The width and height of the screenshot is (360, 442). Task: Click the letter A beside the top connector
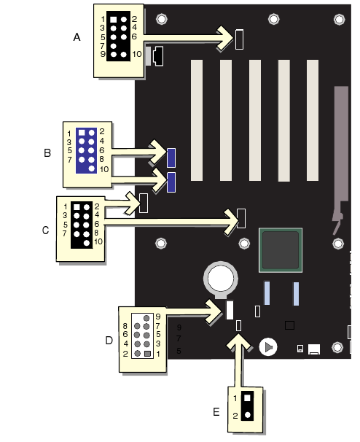[x=77, y=37]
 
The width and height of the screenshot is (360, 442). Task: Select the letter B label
[x=47, y=152]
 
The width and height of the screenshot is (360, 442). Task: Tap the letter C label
[x=45, y=230]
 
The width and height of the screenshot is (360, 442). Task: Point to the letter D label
[x=109, y=341]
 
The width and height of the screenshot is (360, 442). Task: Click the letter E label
[x=216, y=412]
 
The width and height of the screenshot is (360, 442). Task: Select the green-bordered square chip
[x=281, y=250]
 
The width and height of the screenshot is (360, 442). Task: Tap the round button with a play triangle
[x=268, y=347]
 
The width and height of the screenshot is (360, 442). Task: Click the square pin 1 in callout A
[x=113, y=20]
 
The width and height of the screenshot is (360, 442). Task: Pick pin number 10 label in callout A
[x=137, y=54]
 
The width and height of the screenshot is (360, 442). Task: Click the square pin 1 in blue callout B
[x=82, y=132]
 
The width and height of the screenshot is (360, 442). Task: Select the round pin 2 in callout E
[x=247, y=415]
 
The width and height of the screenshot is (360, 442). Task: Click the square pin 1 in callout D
[x=147, y=354]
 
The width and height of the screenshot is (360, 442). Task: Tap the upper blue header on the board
[x=171, y=158]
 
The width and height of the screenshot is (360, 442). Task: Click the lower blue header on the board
[x=171, y=182]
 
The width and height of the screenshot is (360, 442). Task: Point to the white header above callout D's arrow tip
[x=230, y=310]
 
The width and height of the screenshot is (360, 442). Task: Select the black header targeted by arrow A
[x=240, y=39]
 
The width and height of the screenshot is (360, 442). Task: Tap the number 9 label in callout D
[x=158, y=317]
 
